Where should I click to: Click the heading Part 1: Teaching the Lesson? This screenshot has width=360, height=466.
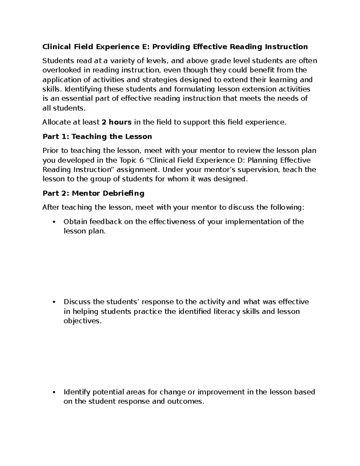point(97,137)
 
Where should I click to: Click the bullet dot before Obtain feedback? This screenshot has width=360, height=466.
point(54,222)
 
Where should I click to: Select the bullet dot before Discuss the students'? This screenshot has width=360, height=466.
point(54,302)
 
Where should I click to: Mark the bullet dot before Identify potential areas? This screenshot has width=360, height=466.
point(54,392)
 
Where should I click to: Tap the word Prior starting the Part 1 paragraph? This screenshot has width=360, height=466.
point(51,151)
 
